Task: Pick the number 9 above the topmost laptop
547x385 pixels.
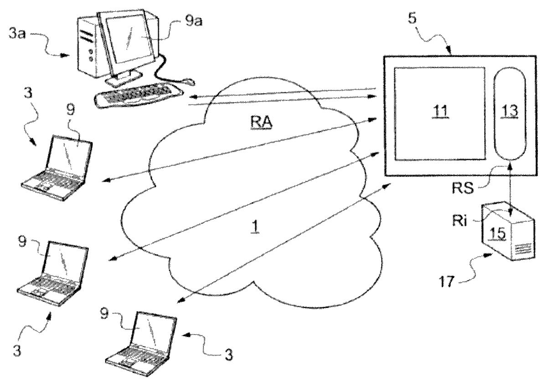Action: (72, 112)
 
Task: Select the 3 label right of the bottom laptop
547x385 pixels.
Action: (228, 354)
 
